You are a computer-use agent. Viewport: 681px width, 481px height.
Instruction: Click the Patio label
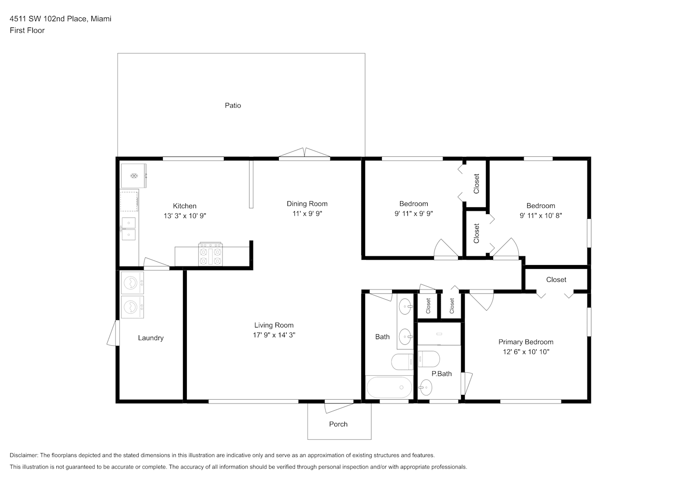pyautogui.click(x=233, y=105)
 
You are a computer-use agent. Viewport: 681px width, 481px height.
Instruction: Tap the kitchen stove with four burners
pyautogui.click(x=210, y=254)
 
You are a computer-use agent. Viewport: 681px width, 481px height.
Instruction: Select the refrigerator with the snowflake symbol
pyautogui.click(x=134, y=176)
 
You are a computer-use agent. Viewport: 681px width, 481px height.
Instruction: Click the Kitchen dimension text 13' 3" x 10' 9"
pyautogui.click(x=185, y=216)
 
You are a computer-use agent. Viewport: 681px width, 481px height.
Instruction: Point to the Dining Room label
pyautogui.click(x=307, y=204)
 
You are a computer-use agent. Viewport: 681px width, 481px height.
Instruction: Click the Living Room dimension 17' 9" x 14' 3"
pyautogui.click(x=274, y=335)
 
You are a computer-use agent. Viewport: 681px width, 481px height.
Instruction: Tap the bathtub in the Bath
pyautogui.click(x=389, y=387)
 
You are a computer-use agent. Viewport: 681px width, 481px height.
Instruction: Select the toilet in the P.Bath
pyautogui.click(x=429, y=359)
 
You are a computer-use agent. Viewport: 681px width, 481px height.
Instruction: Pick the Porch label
pyautogui.click(x=339, y=424)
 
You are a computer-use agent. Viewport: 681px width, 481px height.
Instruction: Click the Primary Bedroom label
pyautogui.click(x=526, y=342)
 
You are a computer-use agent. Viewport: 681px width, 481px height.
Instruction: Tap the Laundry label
pyautogui.click(x=151, y=338)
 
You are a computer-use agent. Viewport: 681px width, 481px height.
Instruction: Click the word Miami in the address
pyautogui.click(x=101, y=19)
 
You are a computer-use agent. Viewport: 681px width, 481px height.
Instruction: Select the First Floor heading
pyautogui.click(x=27, y=30)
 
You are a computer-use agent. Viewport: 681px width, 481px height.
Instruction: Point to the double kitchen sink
pyautogui.click(x=129, y=229)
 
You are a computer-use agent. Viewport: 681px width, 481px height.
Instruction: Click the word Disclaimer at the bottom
pyautogui.click(x=24, y=455)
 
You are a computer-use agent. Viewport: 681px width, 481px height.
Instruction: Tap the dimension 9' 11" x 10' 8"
pyautogui.click(x=541, y=215)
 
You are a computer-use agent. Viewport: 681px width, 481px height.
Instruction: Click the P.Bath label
pyautogui.click(x=442, y=374)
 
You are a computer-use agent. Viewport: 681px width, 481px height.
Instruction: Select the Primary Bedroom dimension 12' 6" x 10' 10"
pyautogui.click(x=526, y=352)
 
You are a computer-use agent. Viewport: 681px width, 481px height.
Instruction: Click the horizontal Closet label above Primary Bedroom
pyautogui.click(x=556, y=279)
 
